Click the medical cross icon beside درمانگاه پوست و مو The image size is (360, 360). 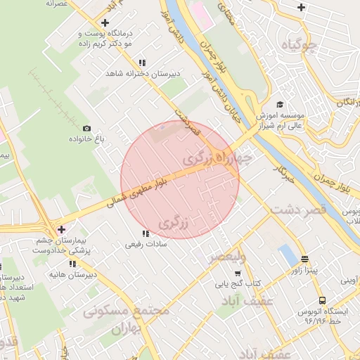click(105, 22)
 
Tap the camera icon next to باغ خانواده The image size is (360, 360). click(86, 129)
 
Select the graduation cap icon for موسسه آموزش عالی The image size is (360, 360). click(279, 105)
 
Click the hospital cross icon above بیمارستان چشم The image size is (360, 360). click(62, 229)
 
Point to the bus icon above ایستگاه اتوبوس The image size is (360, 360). click(321, 300)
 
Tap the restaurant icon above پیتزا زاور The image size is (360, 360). click(304, 258)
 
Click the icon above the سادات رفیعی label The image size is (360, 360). click(146, 233)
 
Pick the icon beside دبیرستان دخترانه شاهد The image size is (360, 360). click(143, 62)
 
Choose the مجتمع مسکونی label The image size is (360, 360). click(127, 310)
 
